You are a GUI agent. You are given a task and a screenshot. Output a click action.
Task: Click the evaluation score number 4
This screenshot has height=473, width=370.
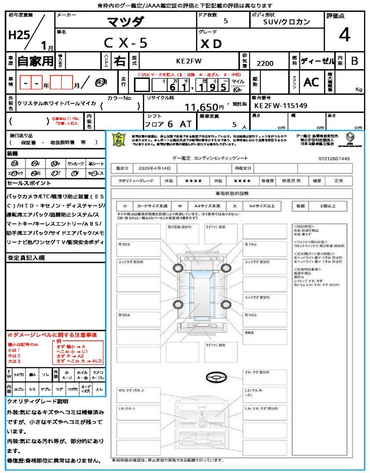coord(344,35)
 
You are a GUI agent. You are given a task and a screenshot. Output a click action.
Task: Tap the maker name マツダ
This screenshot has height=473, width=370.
coord(125,22)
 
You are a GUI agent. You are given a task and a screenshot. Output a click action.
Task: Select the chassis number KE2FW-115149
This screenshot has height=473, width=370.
coord(281,106)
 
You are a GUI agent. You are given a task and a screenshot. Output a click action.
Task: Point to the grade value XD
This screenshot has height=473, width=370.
coord(211,43)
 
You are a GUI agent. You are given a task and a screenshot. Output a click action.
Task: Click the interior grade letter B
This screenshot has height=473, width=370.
coord(354,61)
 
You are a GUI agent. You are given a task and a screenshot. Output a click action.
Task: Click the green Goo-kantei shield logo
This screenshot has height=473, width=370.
coord(119,139)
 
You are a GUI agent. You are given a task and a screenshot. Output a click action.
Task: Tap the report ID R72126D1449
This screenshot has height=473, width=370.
coord(334,158)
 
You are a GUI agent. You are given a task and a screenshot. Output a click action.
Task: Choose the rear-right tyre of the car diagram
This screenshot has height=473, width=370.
coord(226,303)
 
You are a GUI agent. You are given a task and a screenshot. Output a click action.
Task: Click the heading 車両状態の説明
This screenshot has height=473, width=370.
coord(232,193)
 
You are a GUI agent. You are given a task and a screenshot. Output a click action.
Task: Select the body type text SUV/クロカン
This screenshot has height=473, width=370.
coord(287,22)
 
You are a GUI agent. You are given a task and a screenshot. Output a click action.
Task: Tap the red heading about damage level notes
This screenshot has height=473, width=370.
coord(52,334)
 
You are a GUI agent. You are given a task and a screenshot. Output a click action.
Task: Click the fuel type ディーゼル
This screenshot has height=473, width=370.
coord(317,61)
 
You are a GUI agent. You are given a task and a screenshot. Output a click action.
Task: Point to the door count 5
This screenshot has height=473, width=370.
coord(225,21)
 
